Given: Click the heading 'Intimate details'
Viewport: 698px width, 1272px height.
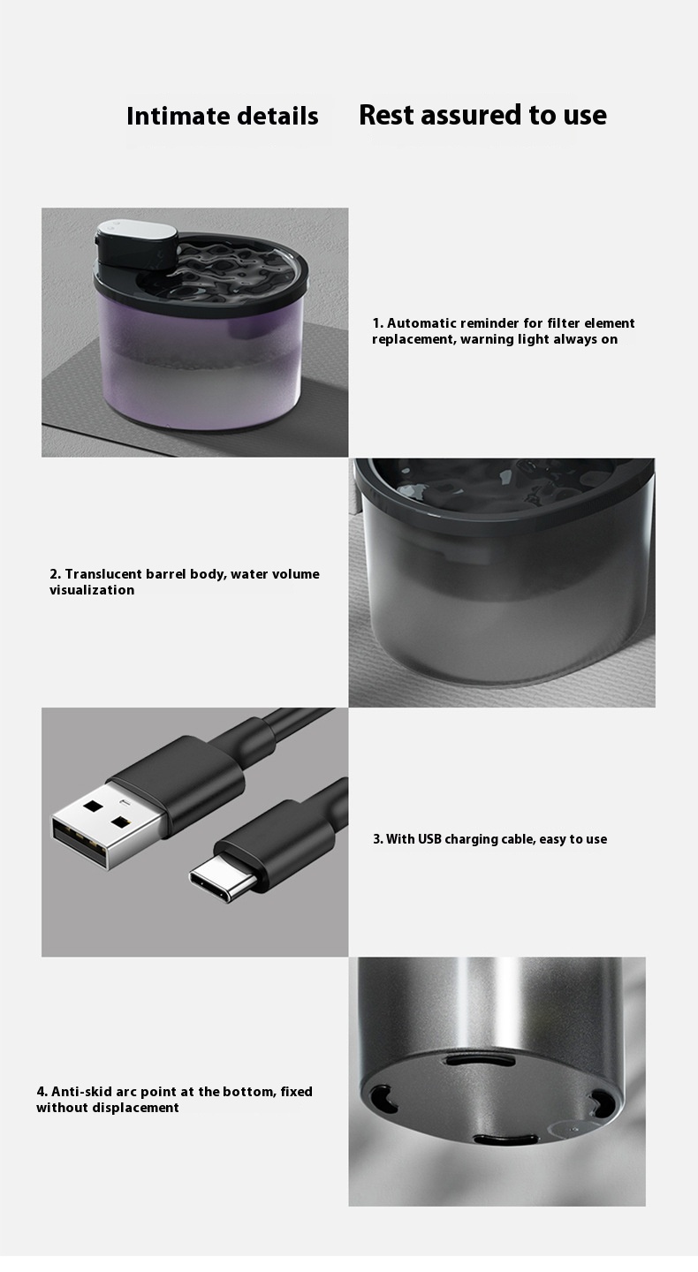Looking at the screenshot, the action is click(222, 116).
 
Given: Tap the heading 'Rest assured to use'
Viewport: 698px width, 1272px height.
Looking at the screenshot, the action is click(482, 115).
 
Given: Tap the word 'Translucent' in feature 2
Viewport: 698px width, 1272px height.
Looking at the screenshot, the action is click(103, 574).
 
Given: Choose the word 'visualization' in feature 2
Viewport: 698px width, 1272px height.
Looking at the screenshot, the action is click(92, 590).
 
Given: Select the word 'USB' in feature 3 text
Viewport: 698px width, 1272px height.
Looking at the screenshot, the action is click(429, 839).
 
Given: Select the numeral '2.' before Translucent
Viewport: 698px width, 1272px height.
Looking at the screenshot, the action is click(55, 574).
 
